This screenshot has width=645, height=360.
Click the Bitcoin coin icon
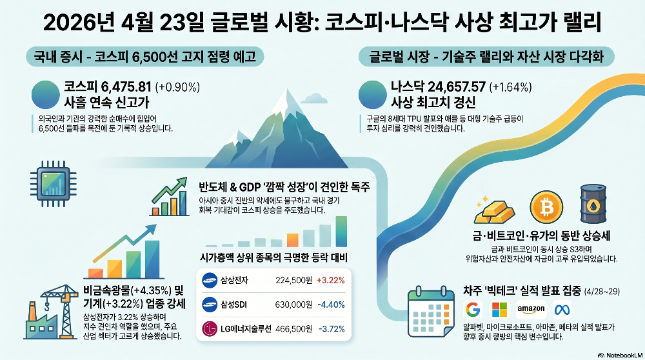pyautogui.click(x=546, y=207)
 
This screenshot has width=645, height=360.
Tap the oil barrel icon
pyautogui.click(x=593, y=204)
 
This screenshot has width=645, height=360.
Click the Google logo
pyautogui.click(x=473, y=310)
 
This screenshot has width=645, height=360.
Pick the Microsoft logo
pyautogui.click(x=499, y=310)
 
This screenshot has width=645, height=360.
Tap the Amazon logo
pyautogui.click(x=531, y=310)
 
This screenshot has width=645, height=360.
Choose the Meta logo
pyautogui.click(x=562, y=310)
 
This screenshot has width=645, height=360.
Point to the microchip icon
pyautogui.click(x=53, y=184)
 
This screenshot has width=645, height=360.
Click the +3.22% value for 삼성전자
pyautogui.click(x=331, y=280)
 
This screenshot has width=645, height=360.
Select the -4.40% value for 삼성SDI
pyautogui.click(x=331, y=305)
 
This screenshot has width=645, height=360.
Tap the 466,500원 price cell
pyautogui.click(x=293, y=329)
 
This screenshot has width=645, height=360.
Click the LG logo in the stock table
pyautogui.click(x=210, y=329)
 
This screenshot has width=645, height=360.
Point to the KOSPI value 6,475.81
pyautogui.click(x=126, y=87)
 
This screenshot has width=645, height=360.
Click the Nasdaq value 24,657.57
pyautogui.click(x=457, y=87)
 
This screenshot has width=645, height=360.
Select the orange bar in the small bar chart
pyautogui.click(x=292, y=240)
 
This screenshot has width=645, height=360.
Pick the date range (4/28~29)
pyautogui.click(x=602, y=292)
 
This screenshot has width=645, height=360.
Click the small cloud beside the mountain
pyautogui.click(x=315, y=98)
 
